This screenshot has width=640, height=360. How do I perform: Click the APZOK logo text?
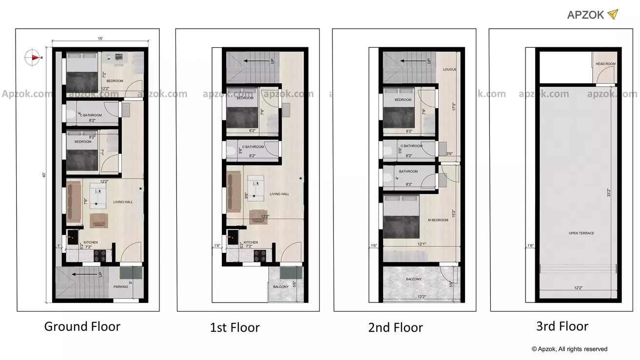585,15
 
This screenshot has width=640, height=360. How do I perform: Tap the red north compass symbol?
34,57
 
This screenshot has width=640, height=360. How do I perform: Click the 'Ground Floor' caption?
82,326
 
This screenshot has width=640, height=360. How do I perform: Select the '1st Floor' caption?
234,327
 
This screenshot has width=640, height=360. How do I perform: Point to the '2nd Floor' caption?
395,327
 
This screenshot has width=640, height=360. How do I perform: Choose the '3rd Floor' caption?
562,326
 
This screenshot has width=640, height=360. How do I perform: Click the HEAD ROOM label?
605,64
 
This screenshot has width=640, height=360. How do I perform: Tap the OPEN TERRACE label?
581,233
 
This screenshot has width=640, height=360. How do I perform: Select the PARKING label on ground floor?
121,286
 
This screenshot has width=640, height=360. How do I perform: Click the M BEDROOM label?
438,220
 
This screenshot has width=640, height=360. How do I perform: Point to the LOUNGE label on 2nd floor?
449,70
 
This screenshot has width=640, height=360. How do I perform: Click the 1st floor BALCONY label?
280,286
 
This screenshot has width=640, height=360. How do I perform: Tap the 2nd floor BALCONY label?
414,279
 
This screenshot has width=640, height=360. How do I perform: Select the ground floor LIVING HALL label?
123,202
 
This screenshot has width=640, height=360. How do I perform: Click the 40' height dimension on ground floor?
44,174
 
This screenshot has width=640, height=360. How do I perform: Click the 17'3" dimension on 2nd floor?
453,106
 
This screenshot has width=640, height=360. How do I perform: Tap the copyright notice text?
569,349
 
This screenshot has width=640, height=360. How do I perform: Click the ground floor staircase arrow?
82,275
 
